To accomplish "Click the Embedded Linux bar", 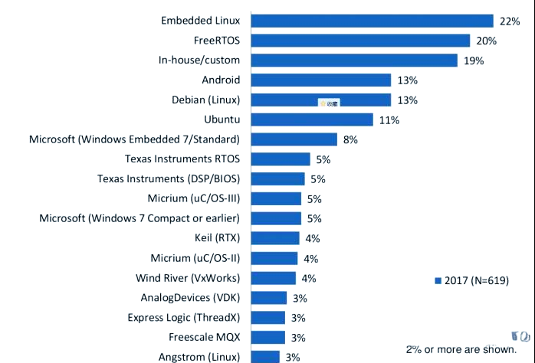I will click(x=372, y=21).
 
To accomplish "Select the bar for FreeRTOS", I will click(x=360, y=41).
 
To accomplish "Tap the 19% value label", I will click(x=474, y=60).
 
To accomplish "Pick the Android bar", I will click(x=320, y=80).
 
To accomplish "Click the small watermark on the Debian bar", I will click(x=330, y=101).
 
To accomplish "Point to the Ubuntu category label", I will click(x=222, y=119).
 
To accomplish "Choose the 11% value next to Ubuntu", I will click(x=389, y=120).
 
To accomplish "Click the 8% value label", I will click(x=352, y=139).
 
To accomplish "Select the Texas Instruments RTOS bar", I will click(x=281, y=159).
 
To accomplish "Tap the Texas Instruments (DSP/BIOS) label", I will click(x=169, y=179).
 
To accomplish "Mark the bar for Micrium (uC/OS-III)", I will click(x=276, y=199).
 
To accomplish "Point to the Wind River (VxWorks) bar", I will click(x=273, y=278).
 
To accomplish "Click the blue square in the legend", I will click(x=438, y=281).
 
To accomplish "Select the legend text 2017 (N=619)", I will click(x=477, y=281).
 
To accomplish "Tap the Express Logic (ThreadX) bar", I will click(x=268, y=317).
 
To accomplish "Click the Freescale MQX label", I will click(x=205, y=337).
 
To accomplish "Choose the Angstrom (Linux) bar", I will click(x=265, y=357).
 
